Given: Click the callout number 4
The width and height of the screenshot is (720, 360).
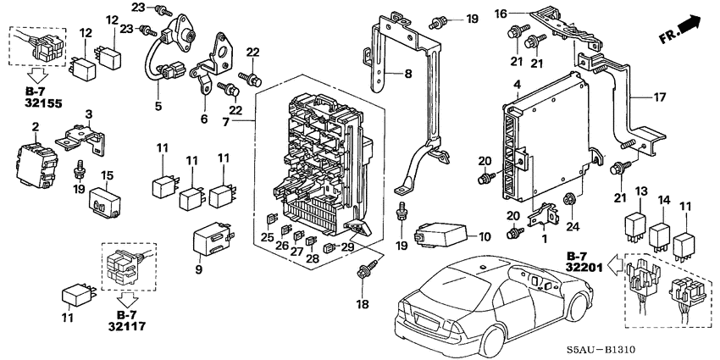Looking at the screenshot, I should point(516,84).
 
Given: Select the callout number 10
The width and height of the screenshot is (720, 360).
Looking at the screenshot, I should point(485,235).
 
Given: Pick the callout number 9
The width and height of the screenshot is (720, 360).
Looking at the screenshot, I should point(199,270).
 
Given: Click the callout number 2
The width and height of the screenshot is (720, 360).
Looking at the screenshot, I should point(36,127).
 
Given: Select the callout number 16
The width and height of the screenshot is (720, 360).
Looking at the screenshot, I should point(524,13).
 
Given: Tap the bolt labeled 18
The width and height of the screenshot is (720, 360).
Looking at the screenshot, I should point(367,270).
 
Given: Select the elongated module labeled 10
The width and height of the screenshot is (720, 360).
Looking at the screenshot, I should point(439,230).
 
